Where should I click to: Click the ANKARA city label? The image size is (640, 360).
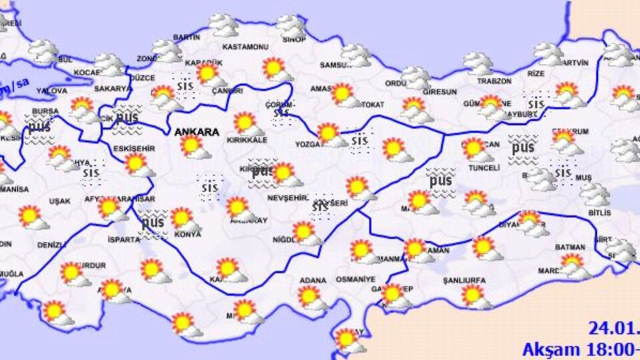tap(197, 133)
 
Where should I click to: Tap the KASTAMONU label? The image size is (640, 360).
tap(245, 47)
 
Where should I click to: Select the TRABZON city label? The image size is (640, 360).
tap(494, 81)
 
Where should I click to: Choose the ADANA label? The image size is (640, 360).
tap(313, 280)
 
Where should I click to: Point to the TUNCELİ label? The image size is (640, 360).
tap(484, 168)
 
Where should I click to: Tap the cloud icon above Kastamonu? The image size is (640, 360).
tap(223, 26)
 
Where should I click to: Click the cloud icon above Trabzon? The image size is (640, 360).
tap(478, 64)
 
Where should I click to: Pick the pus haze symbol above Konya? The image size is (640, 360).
tap(153, 222)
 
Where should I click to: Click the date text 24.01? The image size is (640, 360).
tap(613, 329)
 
